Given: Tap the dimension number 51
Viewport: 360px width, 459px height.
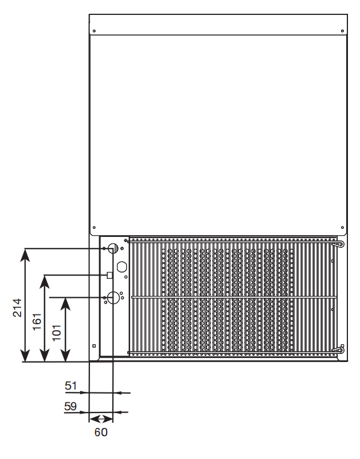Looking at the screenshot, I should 71,386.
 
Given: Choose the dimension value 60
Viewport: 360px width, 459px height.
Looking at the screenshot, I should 101,432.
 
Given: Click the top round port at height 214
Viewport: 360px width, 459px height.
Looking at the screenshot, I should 112,248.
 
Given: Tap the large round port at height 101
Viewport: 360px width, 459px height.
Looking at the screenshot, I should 113,297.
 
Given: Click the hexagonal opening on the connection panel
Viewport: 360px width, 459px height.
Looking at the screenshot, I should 122,267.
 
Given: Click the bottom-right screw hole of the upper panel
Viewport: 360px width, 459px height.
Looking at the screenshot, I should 342,226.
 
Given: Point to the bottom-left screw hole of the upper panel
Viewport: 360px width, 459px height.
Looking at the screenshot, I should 95,226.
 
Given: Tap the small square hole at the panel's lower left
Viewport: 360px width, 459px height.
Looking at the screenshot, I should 95,345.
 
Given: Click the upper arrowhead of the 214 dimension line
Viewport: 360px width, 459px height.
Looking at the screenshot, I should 25,252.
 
